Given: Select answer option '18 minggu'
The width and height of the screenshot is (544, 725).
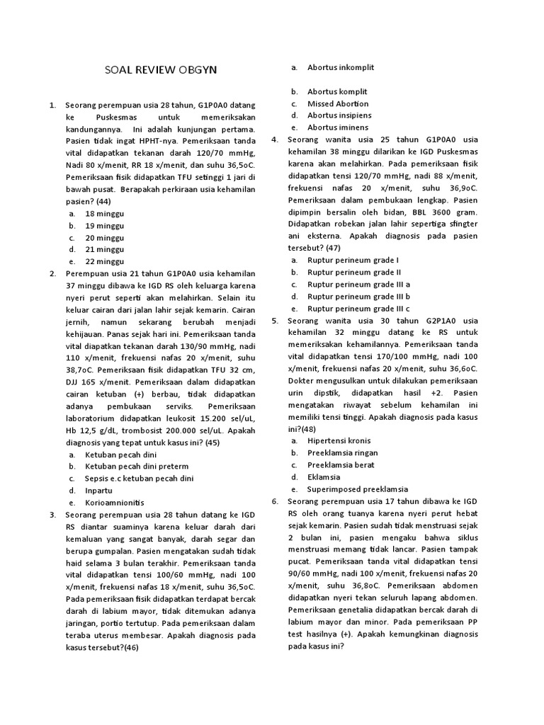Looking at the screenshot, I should click(104, 213).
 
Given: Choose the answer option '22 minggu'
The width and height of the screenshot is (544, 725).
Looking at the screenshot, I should click(104, 261).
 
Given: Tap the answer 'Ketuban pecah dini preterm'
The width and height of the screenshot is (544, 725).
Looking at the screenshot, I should click(137, 467).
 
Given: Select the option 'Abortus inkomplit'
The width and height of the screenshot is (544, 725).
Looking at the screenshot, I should click(341, 67).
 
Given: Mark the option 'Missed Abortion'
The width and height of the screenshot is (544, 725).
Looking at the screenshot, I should click(337, 103).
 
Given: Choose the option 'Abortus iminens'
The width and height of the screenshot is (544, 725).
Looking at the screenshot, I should click(337, 127).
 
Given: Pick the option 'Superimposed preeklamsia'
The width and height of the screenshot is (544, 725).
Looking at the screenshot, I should click(358, 489).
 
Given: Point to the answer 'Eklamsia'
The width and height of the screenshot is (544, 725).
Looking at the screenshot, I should click(324, 477).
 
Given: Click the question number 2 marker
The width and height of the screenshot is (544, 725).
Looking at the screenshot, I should click(52, 273).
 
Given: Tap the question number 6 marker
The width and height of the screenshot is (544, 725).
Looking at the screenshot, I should click(274, 501).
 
